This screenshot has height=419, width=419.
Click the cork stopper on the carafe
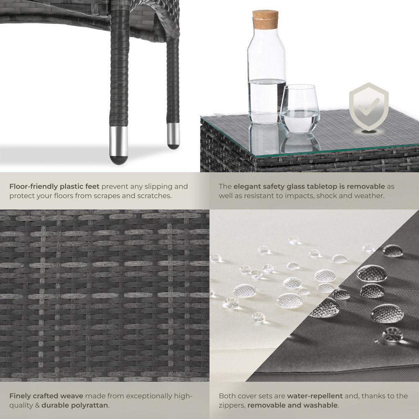(265, 19)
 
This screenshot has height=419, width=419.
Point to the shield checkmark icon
(369, 106)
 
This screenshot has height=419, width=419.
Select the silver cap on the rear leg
(173, 136)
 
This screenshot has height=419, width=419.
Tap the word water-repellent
(315, 396)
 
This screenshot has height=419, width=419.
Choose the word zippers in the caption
(232, 405)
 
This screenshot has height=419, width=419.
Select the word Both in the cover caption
(227, 396)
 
